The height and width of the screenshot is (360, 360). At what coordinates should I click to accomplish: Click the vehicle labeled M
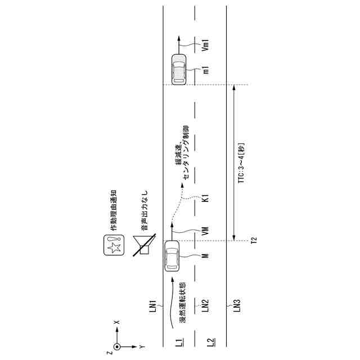point(172,256)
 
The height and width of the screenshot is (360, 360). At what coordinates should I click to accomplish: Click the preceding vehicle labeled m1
point(178,69)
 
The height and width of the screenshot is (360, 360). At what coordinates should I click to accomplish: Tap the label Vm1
point(206,45)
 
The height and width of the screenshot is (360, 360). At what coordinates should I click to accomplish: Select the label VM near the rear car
point(206,231)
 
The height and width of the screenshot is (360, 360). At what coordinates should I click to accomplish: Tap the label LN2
point(206,305)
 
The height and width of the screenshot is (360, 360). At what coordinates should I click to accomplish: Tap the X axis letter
point(116,322)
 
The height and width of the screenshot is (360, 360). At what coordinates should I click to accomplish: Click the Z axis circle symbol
point(116,346)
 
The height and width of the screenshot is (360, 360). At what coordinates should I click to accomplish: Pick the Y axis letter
point(142,346)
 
